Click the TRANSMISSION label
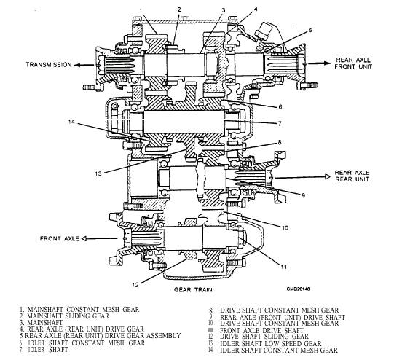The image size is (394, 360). point(49,65)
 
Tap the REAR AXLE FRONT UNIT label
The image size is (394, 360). point(353,63)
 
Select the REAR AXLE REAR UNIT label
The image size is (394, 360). point(352,176)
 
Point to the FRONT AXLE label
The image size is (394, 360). point(60,238)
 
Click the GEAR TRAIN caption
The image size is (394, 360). point(193,289)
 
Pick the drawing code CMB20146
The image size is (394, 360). point(298,289)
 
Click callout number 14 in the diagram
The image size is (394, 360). point(71,122)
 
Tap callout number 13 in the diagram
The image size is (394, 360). point(98,173)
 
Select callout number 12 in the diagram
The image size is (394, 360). point(135,285)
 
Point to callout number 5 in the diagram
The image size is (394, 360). point(310,31)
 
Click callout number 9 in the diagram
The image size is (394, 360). point(303,195)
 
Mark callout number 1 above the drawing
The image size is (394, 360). point(141,10)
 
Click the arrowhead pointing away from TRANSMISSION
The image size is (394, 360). point(77,65)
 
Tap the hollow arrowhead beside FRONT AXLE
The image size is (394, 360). point(84,238)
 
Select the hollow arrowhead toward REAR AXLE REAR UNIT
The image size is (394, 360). point(328,177)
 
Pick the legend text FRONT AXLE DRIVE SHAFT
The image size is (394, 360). point(262,330)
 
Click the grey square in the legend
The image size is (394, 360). point(210,330)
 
